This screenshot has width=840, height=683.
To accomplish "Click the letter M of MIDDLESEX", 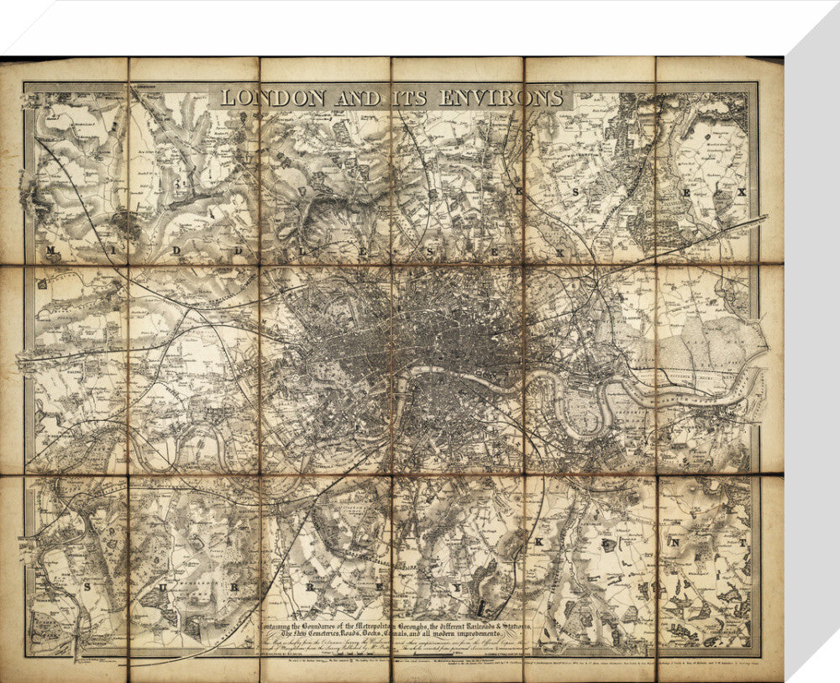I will point(53,251).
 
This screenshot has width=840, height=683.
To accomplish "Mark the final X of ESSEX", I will point(741,192).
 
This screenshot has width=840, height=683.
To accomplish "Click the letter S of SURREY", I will point(87,586).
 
